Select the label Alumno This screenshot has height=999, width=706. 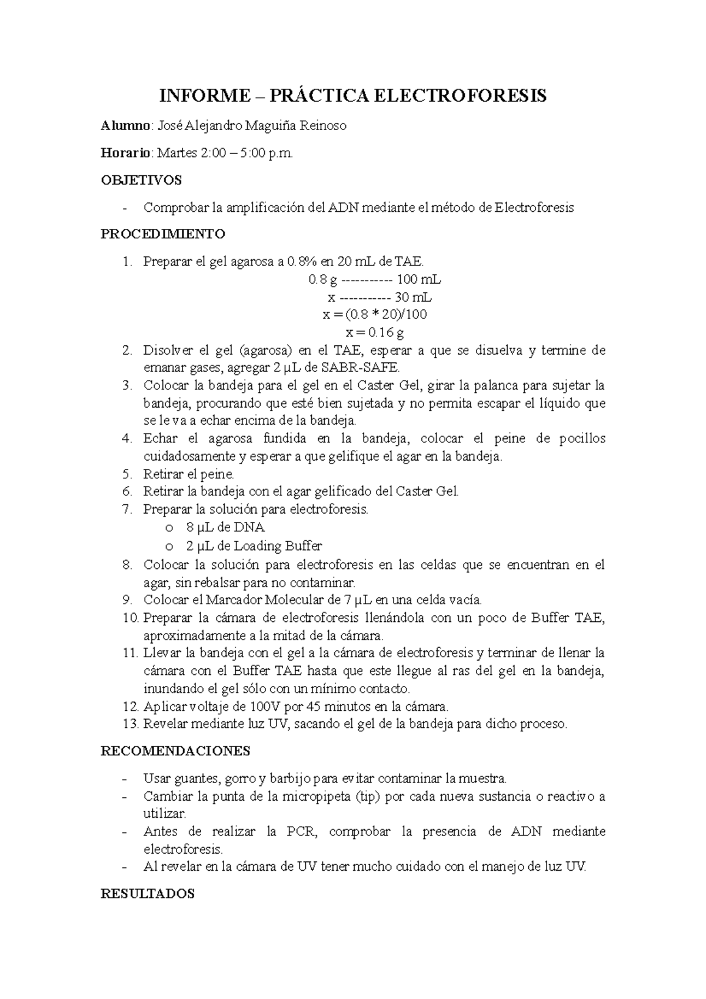click(126, 125)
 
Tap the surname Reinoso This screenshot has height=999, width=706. click(323, 125)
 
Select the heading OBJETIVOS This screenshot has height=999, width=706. click(141, 180)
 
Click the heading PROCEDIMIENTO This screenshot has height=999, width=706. click(163, 234)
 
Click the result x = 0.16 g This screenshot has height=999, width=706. click(375, 333)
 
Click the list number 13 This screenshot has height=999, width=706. click(129, 724)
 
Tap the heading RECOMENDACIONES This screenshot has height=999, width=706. click(175, 751)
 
